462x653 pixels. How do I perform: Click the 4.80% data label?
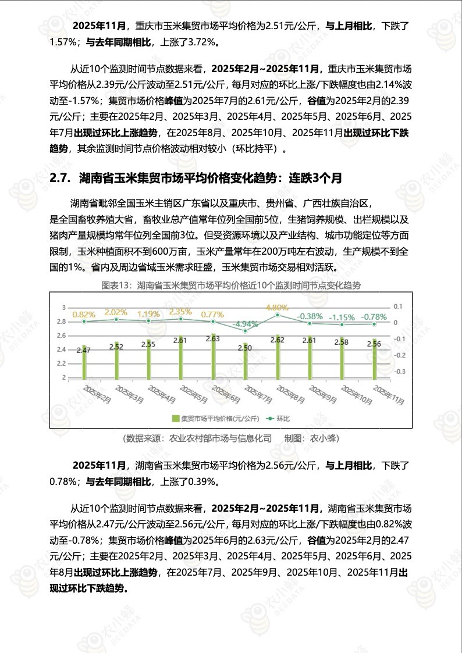(x=277, y=307)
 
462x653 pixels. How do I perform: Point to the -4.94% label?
(x=245, y=323)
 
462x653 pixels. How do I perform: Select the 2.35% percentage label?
(x=180, y=312)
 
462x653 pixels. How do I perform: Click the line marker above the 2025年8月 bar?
(x=278, y=315)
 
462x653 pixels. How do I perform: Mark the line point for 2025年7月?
(x=245, y=331)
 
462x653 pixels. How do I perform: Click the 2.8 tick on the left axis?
(x=61, y=321)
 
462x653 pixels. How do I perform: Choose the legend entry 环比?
(x=278, y=418)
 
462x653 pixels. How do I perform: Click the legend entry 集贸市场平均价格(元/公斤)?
(x=215, y=418)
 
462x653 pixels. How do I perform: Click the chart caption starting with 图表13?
(x=230, y=286)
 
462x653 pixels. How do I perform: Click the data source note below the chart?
(x=230, y=438)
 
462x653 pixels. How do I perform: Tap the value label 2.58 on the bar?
(x=342, y=342)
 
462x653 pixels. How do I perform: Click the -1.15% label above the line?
(x=342, y=317)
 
